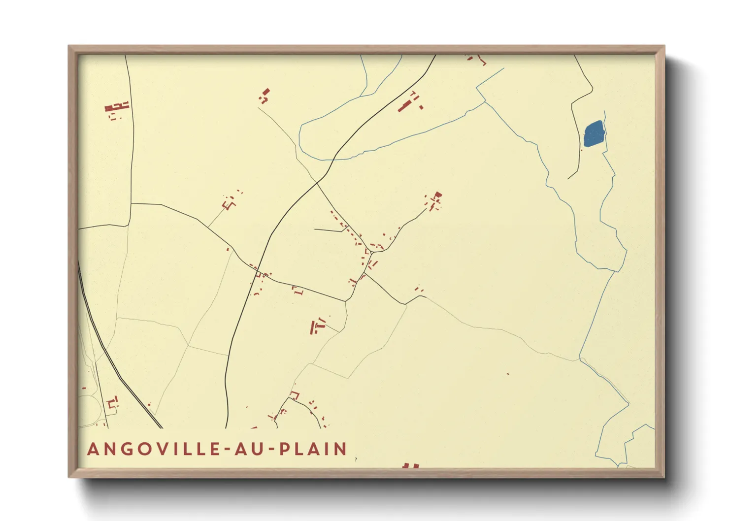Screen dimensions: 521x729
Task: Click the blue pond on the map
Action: click(x=594, y=133)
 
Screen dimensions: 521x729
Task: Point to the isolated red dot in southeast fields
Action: click(x=508, y=374)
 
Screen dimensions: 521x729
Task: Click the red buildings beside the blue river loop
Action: click(x=409, y=102)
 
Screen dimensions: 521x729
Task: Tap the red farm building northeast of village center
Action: click(x=434, y=199)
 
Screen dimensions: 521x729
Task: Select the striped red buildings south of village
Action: click(x=317, y=326)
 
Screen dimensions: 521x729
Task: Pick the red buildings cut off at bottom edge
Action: click(x=410, y=465)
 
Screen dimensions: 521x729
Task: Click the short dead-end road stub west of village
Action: click(x=328, y=230)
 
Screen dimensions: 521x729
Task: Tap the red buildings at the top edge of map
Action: click(x=476, y=59)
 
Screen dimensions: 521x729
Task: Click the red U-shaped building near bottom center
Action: click(x=295, y=395)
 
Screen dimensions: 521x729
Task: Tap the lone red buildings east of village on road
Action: click(x=419, y=289)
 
